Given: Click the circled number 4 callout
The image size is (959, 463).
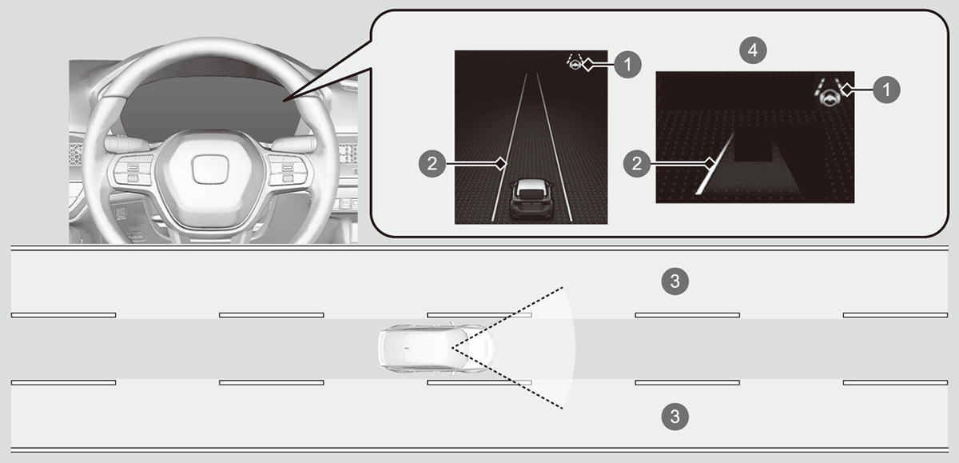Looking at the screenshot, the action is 753,50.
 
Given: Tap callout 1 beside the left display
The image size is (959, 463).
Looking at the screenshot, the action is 627,65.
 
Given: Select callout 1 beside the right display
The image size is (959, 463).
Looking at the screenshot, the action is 886,90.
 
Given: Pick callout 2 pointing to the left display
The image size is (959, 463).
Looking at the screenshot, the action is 432,163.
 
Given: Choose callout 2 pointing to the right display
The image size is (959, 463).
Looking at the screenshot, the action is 637,163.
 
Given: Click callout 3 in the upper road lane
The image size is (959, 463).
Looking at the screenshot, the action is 675,281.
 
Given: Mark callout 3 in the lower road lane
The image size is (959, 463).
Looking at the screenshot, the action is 675,417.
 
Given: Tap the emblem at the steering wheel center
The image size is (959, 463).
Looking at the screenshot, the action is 209,170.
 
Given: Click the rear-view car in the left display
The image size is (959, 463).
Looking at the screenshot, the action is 531,199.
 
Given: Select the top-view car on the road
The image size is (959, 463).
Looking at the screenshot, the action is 436,349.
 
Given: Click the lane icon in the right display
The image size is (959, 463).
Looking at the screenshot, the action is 830,92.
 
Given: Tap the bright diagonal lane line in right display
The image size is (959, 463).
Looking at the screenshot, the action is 714,164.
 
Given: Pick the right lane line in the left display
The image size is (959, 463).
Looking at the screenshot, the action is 555,148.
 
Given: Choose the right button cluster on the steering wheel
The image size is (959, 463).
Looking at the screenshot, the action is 288,171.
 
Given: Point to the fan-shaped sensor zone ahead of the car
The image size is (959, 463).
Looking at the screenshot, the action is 527,348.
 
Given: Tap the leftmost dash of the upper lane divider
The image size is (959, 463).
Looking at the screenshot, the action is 63,315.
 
